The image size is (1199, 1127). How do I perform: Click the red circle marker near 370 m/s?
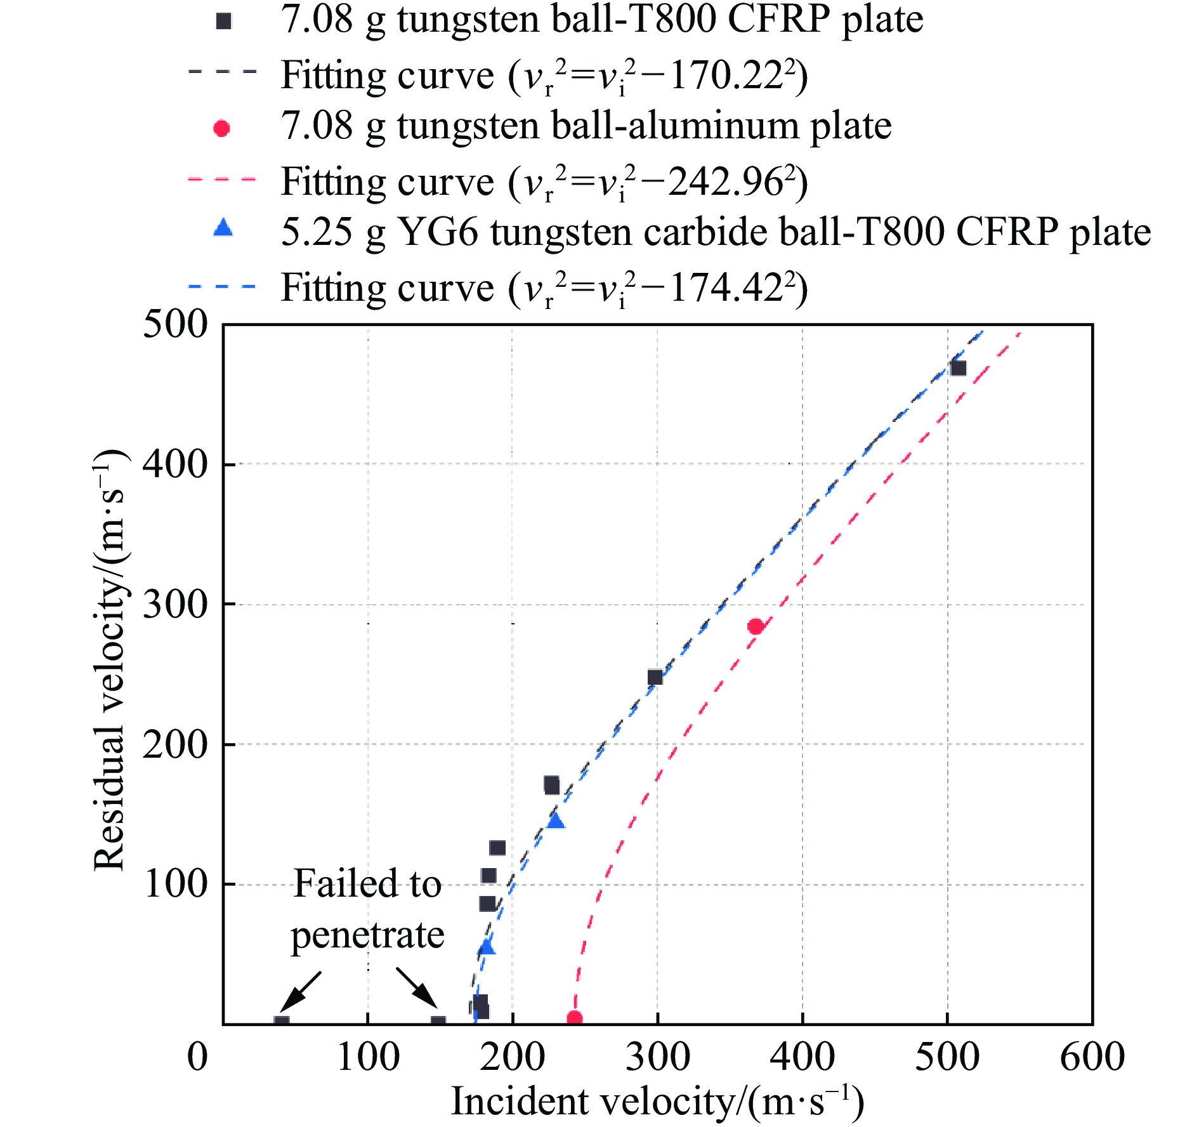pyautogui.click(x=755, y=626)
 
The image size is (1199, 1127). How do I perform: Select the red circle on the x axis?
pyautogui.click(x=574, y=1018)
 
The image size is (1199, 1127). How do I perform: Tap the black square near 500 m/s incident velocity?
pyautogui.click(x=958, y=368)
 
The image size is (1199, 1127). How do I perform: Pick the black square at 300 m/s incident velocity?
pyautogui.click(x=655, y=677)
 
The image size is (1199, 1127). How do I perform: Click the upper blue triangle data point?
pyautogui.click(x=556, y=821)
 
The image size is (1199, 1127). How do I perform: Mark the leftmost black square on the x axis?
pyautogui.click(x=282, y=1022)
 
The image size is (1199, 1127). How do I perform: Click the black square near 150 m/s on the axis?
pyautogui.click(x=438, y=1022)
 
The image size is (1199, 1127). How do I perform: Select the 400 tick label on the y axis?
pyautogui.click(x=175, y=465)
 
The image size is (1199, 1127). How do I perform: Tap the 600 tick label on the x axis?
pyautogui.click(x=1092, y=1057)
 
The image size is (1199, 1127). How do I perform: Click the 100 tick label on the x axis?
pyautogui.click(x=368, y=1057)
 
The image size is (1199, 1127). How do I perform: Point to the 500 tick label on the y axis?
pyautogui.click(x=175, y=324)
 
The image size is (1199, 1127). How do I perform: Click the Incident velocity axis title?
pyautogui.click(x=657, y=1101)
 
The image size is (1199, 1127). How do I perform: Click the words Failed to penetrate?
pyautogui.click(x=367, y=909)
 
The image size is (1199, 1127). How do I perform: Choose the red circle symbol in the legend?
pyautogui.click(x=221, y=129)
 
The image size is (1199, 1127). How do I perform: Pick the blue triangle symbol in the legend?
pyautogui.click(x=223, y=228)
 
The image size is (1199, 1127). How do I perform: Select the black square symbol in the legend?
pyautogui.click(x=223, y=22)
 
